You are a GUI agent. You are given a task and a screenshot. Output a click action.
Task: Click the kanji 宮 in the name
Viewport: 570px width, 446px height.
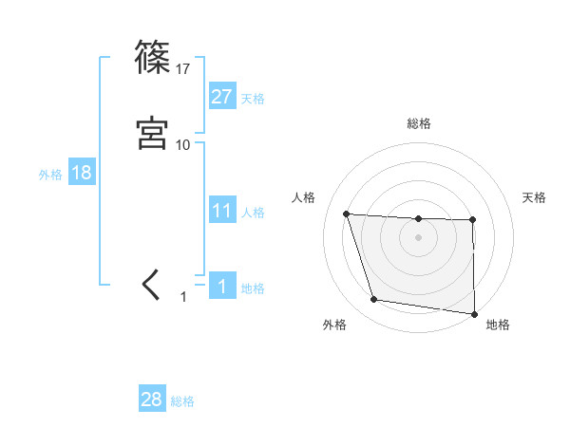[x=152, y=134]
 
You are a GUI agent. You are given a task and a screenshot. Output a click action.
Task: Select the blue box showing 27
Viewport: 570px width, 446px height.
[x=221, y=97]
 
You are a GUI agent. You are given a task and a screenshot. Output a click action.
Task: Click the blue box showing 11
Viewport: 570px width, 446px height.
[x=221, y=211]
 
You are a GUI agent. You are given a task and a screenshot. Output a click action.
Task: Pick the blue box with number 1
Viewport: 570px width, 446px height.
[x=221, y=287]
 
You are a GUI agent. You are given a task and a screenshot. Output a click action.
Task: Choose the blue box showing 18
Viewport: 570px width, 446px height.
[x=81, y=173]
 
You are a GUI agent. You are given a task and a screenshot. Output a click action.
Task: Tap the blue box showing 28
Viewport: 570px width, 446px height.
[x=152, y=400]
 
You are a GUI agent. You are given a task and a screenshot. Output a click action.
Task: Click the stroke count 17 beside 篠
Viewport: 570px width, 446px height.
[x=183, y=68]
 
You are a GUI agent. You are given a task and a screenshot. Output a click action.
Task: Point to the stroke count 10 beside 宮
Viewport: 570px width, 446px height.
[x=183, y=144]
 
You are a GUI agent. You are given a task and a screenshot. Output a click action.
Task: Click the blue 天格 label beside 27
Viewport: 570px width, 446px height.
[x=252, y=98]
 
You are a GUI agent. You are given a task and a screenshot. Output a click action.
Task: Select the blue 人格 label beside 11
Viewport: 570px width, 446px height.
[x=252, y=212]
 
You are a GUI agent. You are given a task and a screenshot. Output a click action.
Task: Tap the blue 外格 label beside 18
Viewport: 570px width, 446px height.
[x=50, y=174]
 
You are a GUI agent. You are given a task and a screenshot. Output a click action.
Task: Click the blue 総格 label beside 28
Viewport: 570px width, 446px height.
[x=182, y=400]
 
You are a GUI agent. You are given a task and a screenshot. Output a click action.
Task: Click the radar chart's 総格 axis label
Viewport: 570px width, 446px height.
[x=419, y=123]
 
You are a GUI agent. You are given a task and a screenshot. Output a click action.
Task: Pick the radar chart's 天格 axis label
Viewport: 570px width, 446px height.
[x=535, y=197]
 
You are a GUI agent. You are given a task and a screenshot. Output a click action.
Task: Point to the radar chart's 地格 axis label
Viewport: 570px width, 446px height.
[x=498, y=325]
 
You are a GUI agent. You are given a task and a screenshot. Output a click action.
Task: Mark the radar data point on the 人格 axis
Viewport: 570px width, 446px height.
[x=347, y=214]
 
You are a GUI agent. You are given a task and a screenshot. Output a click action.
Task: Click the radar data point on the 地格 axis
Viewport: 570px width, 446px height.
[x=474, y=314]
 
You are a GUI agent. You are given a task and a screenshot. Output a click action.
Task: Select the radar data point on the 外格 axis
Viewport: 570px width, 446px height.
[x=374, y=300]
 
